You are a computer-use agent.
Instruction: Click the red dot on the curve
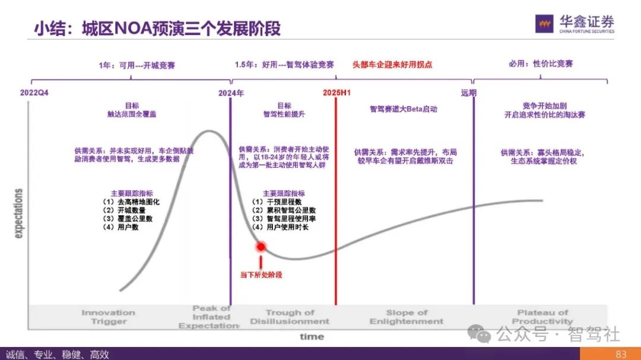coord(260,247)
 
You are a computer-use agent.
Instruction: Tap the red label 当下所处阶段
coord(261,275)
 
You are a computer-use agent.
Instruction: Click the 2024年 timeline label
coord(231,93)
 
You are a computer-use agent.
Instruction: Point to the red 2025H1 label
coord(337,93)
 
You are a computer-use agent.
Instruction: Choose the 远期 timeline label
coord(468,93)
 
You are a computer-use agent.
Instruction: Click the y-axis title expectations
coord(18,214)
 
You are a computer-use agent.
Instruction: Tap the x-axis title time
coord(312,336)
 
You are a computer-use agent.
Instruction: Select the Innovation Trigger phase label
coord(109,317)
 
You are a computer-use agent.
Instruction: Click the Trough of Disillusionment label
coord(290,317)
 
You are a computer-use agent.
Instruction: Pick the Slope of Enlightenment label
coord(407,317)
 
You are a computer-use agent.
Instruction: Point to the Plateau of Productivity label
coord(542,317)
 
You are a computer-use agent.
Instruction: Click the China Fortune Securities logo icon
coord(545,24)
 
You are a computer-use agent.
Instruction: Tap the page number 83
coord(621,354)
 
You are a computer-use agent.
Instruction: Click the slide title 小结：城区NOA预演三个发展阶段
coord(157,28)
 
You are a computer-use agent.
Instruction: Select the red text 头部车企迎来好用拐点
coord(392,64)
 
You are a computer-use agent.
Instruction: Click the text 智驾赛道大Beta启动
coord(403,109)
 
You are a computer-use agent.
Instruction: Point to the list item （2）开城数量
coord(125,210)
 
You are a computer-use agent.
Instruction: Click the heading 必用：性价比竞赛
coord(541,63)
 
